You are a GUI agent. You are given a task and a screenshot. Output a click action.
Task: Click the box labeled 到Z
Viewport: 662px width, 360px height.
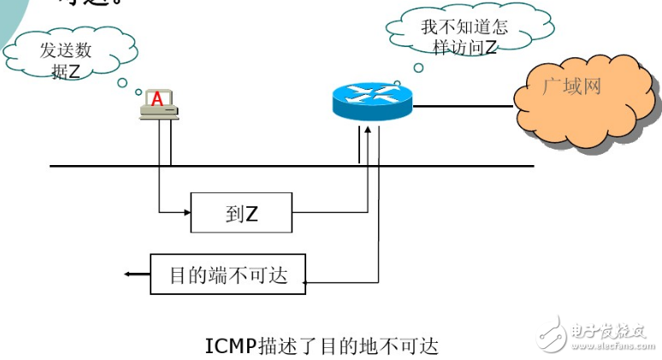click(x=241, y=212)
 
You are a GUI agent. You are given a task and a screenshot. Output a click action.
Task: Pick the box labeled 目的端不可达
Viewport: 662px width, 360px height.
click(x=228, y=274)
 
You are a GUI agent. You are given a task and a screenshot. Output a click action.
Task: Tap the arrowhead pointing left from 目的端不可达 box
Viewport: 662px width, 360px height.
click(x=128, y=274)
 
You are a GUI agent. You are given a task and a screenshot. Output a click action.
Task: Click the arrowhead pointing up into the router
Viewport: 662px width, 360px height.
click(x=367, y=129)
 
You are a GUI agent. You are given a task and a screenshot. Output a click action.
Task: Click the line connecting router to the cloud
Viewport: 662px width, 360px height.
click(x=462, y=107)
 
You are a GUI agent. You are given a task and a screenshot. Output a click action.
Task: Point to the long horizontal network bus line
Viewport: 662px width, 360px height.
click(x=291, y=166)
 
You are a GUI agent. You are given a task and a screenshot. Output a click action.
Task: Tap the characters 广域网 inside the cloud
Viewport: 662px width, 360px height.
click(x=572, y=87)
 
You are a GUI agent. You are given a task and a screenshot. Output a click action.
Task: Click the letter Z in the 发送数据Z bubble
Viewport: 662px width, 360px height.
click(x=74, y=72)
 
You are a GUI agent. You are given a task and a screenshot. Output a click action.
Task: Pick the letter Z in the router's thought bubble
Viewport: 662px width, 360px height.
click(x=490, y=48)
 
